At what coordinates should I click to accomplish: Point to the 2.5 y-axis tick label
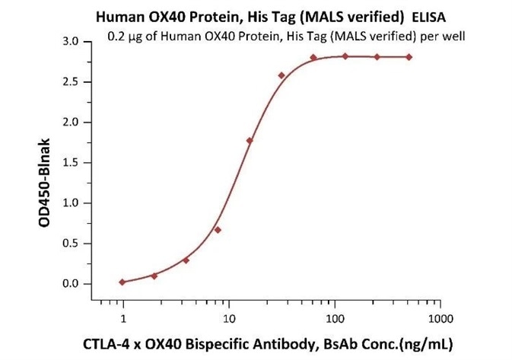point(70,81)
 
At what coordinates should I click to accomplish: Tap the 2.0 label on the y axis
point(70,122)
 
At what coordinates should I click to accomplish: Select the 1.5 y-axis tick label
point(70,162)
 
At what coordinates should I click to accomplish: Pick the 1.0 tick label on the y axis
point(70,202)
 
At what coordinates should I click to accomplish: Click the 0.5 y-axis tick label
point(70,243)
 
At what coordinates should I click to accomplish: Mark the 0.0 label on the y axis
point(70,283)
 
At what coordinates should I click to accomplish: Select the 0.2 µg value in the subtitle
point(122,35)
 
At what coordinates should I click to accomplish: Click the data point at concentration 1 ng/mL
point(122,282)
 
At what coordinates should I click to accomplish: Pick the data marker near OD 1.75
point(250,141)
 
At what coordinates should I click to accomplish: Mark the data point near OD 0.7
point(218,229)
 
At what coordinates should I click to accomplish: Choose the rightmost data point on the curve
point(409,57)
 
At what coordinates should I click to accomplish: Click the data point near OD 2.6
point(281,75)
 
